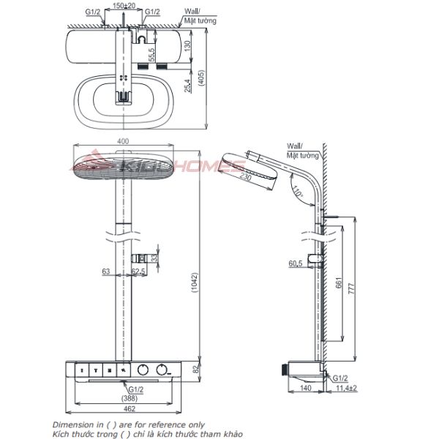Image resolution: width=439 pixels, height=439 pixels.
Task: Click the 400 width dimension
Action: click(x=123, y=142)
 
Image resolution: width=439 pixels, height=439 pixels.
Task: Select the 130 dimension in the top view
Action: click(x=187, y=45)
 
